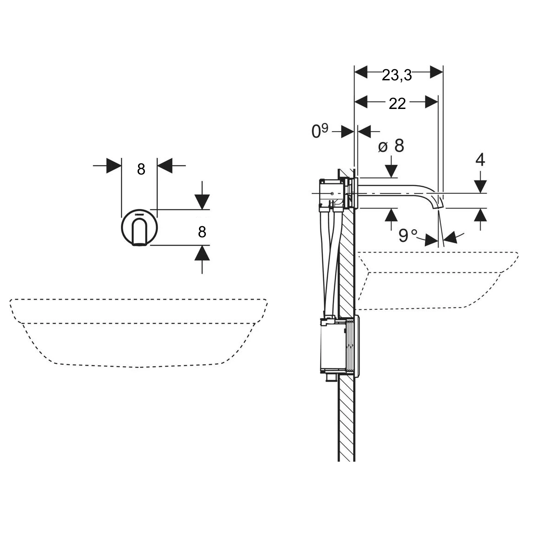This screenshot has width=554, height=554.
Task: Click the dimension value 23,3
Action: click(x=397, y=76)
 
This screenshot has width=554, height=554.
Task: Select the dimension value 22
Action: click(x=397, y=104)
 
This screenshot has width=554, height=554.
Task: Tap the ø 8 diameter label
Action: click(x=391, y=146)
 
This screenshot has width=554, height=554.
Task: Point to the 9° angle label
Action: click(x=408, y=235)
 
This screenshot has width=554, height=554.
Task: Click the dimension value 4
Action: click(x=480, y=160)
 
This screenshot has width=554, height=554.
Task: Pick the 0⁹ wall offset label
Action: click(x=319, y=131)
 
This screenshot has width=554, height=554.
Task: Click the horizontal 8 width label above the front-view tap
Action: click(x=141, y=169)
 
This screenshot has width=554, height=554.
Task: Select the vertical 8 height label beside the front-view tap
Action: click(x=202, y=232)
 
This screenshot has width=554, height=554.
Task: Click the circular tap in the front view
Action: click(x=139, y=228)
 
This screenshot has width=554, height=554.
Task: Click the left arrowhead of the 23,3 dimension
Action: click(x=361, y=72)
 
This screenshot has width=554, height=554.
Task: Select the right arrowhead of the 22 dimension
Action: click(x=432, y=102)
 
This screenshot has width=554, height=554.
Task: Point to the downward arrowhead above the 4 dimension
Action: click(x=481, y=186)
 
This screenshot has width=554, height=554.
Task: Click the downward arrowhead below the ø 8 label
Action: click(x=391, y=171)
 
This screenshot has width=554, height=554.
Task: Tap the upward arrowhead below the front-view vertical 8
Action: click(x=202, y=253)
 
